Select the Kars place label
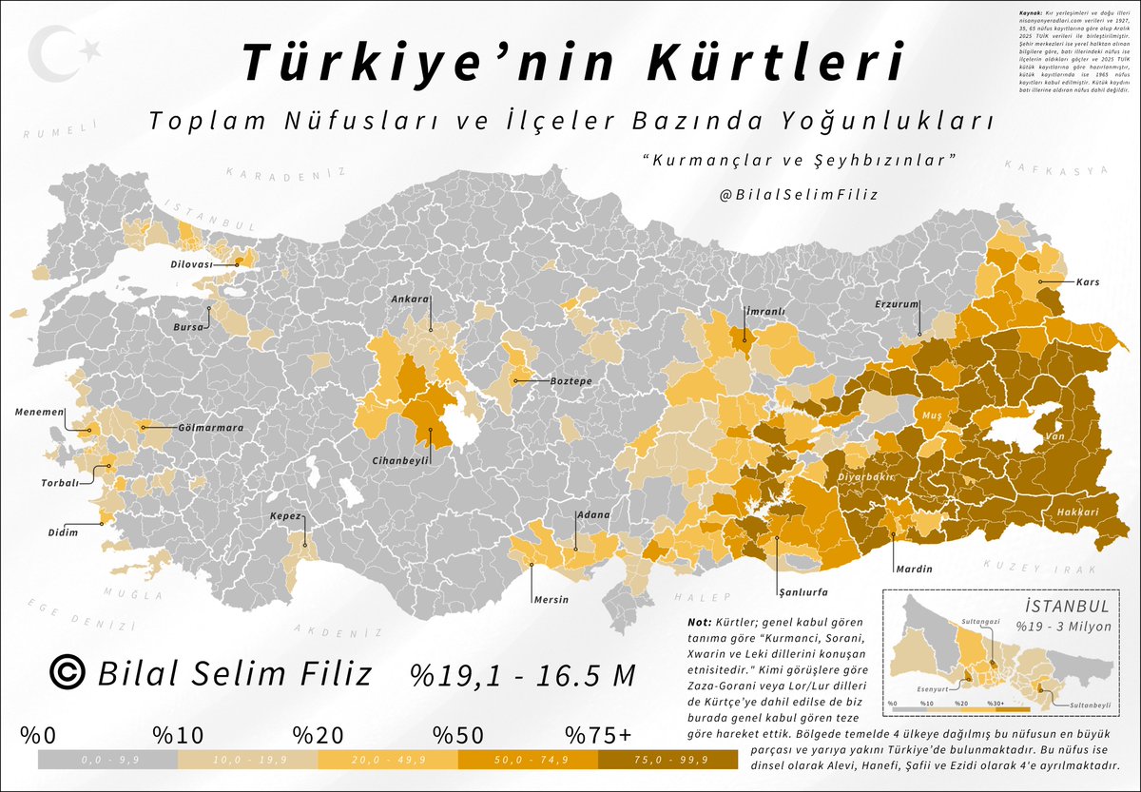(1089, 282)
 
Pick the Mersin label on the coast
(551, 599)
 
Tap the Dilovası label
(191, 265)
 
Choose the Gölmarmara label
(210, 428)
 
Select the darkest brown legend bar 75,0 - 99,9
(667, 760)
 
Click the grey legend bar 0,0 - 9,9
(106, 760)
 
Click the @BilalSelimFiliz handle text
(800, 194)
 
